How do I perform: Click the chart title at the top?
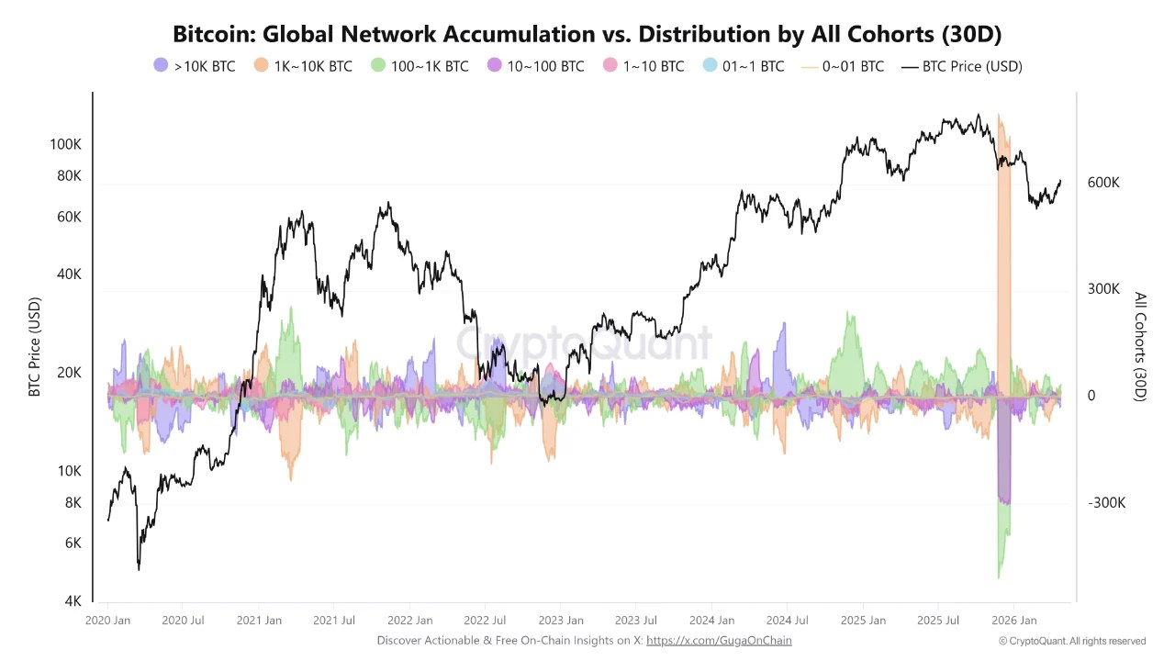587,34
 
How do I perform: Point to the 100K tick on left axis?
65,144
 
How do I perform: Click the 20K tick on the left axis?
69,373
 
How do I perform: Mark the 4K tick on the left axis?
72,601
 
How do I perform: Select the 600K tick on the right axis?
1103,183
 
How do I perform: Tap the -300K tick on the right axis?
1106,503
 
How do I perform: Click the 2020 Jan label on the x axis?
107,621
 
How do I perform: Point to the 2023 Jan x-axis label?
560,621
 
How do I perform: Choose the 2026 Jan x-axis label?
1013,621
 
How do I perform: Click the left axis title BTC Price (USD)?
35,347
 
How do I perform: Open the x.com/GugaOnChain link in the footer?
719,641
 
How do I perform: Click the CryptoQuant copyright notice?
1072,641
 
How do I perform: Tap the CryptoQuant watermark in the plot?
584,343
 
